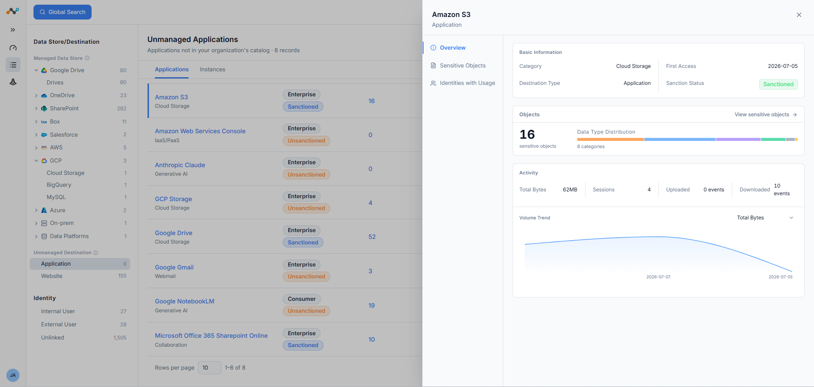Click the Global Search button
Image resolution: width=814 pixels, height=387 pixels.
tap(62, 12)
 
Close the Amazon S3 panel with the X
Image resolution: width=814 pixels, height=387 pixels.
tap(799, 15)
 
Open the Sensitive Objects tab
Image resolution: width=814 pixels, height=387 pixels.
tap(463, 65)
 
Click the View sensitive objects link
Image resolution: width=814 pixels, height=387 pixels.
tap(766, 115)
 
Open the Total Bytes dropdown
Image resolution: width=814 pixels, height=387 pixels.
tap(765, 218)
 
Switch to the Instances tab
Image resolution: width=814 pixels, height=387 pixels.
tap(212, 69)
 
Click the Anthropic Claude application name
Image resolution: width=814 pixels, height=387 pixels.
tap(180, 165)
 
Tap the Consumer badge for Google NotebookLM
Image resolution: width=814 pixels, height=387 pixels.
tap(302, 299)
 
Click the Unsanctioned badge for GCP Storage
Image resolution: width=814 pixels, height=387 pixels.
tap(307, 208)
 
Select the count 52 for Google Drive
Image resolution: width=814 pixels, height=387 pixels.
tap(372, 237)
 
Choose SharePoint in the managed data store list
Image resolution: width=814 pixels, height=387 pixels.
tap(64, 108)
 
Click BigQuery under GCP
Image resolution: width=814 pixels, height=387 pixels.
tap(59, 185)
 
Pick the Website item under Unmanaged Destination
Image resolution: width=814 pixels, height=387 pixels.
tap(52, 276)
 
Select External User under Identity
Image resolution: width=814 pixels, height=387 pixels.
tap(59, 324)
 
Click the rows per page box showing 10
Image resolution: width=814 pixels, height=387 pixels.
tap(209, 367)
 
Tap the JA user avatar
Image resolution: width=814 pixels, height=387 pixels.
tap(13, 375)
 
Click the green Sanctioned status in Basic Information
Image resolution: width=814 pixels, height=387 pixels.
tap(778, 84)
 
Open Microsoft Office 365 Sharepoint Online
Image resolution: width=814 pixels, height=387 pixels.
tap(211, 336)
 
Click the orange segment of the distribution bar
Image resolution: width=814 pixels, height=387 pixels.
tap(610, 139)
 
